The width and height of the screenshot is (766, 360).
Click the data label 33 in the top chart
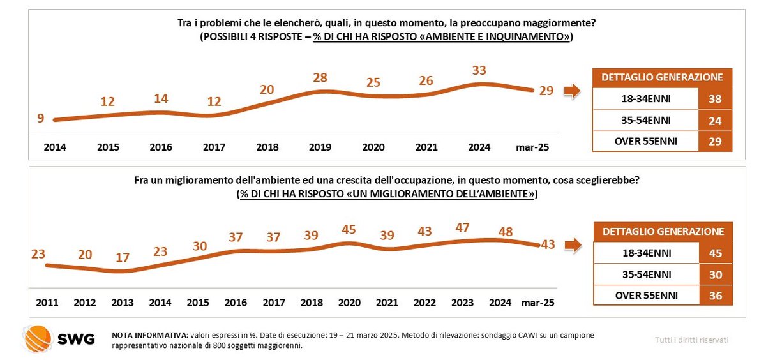pyautogui.click(x=479, y=71)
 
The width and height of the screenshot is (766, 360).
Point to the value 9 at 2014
pyautogui.click(x=40, y=117)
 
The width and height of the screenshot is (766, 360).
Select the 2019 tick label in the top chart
pyautogui.click(x=320, y=147)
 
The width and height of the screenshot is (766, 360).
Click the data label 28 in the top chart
pyautogui.click(x=320, y=78)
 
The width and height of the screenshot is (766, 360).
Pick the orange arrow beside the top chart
pyautogui.click(x=573, y=91)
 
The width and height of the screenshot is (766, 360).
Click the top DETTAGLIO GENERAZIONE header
pyautogui.click(x=662, y=77)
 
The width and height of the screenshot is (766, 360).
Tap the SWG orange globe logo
pyautogui.click(x=37, y=339)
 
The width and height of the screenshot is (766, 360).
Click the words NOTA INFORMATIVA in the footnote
pyautogui.click(x=149, y=334)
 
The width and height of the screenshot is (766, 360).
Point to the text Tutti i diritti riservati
pyautogui.click(x=692, y=340)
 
